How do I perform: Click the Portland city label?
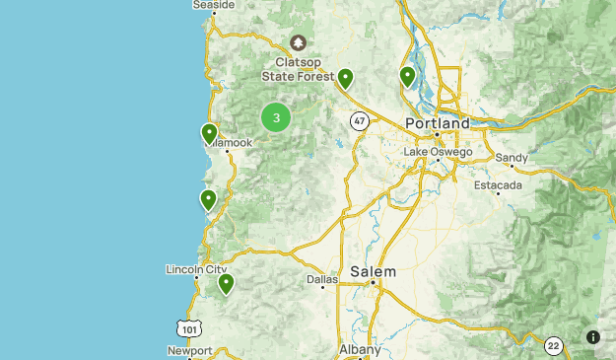click(438, 123)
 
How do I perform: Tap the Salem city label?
click(374, 271)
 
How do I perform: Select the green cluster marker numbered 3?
click(276, 118)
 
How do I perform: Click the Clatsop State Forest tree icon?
click(299, 43)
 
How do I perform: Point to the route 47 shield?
click(359, 120)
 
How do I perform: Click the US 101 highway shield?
click(189, 327)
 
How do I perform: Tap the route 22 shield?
click(555, 345)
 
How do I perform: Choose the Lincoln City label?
click(197, 269)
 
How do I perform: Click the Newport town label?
click(189, 350)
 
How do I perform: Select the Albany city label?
click(359, 350)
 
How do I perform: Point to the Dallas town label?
click(321, 280)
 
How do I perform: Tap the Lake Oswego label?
click(438, 152)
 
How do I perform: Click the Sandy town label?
click(512, 158)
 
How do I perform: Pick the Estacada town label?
click(498, 185)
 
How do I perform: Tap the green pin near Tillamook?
click(209, 133)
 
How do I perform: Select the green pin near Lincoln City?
click(226, 284)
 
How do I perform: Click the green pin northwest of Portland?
click(345, 79)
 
